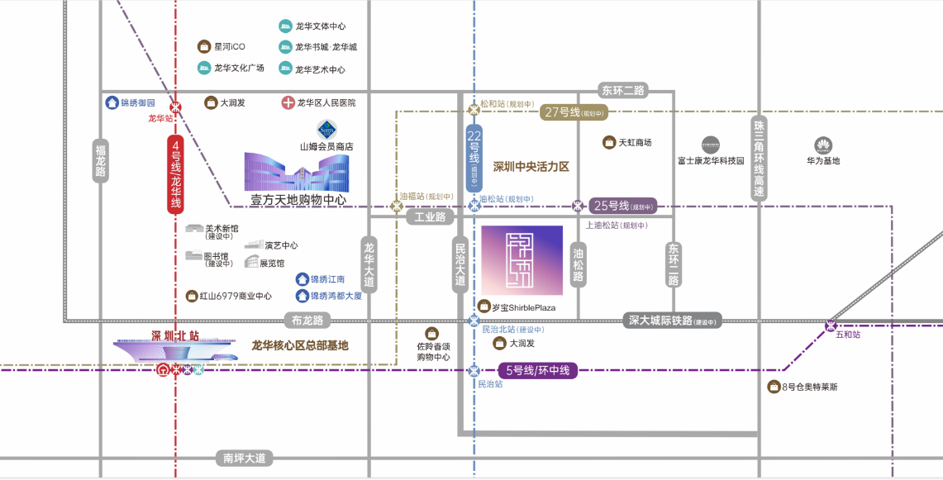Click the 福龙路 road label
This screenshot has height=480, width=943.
[101, 160]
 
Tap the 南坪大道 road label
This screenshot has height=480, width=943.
[244, 457]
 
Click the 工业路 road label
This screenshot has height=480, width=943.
[431, 217]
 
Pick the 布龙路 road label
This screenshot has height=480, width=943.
[307, 321]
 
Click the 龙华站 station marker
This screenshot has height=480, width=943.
[175, 107]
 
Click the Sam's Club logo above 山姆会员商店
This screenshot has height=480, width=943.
[326, 130]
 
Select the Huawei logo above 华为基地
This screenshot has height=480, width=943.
[823, 145]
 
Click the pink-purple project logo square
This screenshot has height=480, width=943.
[522, 260]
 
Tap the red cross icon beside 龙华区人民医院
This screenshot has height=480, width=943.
[288, 103]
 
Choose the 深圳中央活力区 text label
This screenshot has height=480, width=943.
[531, 166]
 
